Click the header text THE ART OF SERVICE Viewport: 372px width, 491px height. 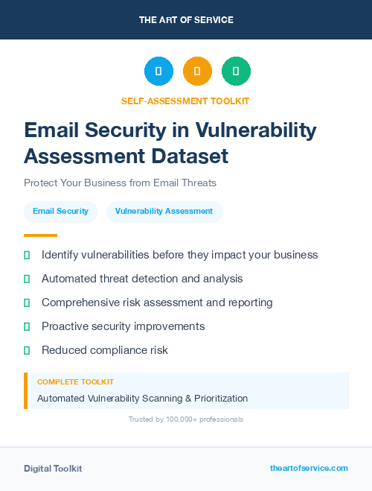tap(186, 20)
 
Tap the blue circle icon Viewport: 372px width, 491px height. tap(158, 72)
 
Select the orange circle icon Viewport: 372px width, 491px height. tap(197, 72)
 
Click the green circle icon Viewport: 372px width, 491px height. tap(236, 72)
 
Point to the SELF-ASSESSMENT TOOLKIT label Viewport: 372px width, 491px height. tap(186, 101)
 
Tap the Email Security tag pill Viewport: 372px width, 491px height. tap(60, 212)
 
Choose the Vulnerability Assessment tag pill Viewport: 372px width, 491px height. tap(164, 212)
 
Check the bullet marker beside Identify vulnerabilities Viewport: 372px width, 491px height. tap(27, 256)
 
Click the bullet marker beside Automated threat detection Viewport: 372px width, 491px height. tap(27, 279)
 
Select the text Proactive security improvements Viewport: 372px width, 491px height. tap(123, 326)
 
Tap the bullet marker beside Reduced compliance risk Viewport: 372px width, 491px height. tap(27, 350)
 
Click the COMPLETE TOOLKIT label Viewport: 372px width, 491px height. tap(75, 381)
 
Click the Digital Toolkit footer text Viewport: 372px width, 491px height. tap(53, 469)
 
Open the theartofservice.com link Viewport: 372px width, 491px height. tap(309, 468)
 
